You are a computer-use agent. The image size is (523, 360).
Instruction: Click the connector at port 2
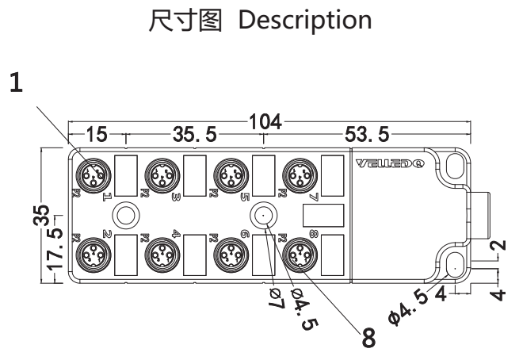[x=93, y=255]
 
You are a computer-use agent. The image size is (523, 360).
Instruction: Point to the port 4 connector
[x=162, y=255]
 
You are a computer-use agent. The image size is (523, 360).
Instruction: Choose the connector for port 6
[x=230, y=255]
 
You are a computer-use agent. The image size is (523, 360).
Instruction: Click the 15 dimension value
[x=97, y=135]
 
